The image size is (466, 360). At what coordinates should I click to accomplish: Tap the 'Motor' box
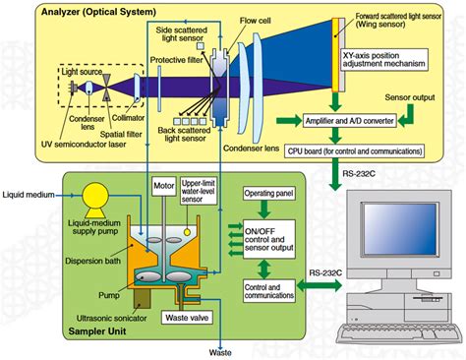pyautogui.click(x=163, y=184)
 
